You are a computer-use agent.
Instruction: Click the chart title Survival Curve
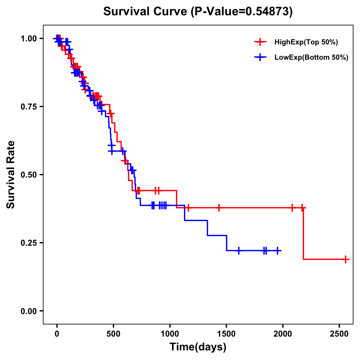[145, 11]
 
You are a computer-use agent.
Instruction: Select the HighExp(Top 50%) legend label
[306, 42]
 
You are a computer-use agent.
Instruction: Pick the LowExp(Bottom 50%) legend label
[311, 58]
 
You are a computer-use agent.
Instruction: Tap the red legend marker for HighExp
[260, 42]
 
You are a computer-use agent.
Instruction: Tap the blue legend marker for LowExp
[260, 58]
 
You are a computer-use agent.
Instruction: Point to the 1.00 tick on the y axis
[28, 39]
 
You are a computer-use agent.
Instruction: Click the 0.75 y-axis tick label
[28, 107]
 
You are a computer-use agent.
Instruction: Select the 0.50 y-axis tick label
[28, 175]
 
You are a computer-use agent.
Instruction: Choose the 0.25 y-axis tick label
[28, 243]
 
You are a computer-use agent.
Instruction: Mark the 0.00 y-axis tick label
[28, 311]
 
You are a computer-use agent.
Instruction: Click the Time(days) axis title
[198, 347]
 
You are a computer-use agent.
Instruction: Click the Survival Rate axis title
[11, 175]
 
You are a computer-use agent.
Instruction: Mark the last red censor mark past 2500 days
[346, 259]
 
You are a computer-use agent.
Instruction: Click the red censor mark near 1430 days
[219, 208]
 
